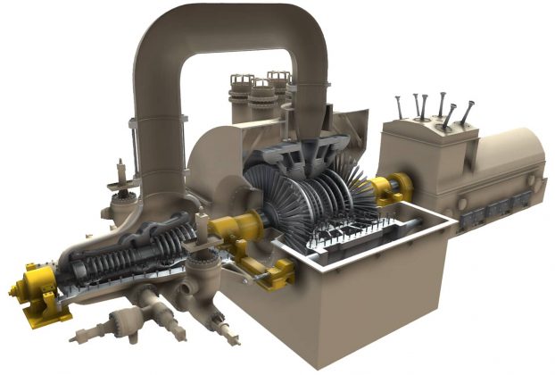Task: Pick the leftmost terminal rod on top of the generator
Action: (x=399, y=106)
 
